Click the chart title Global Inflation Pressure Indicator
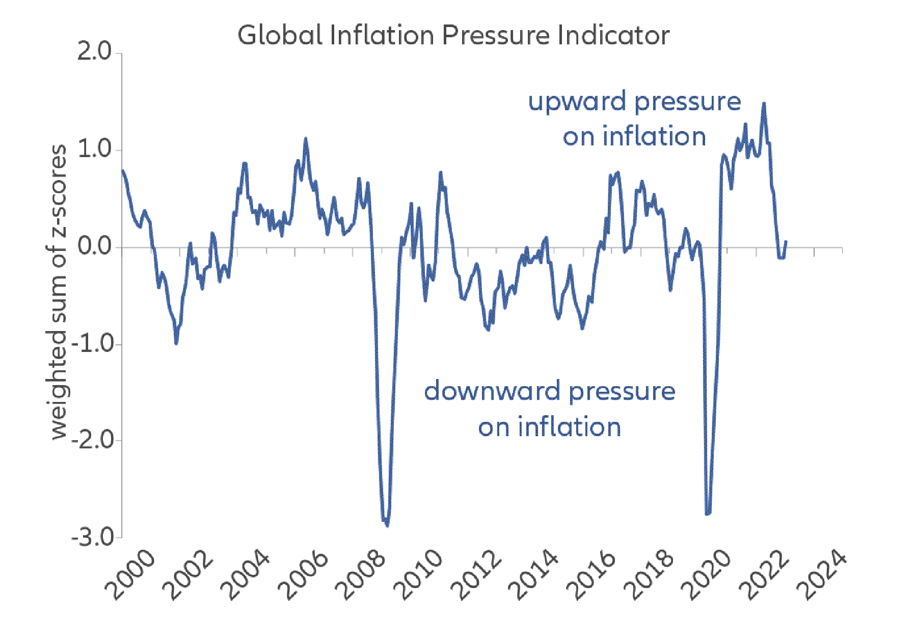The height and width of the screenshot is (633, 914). click(x=453, y=36)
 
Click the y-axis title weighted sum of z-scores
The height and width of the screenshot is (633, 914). click(x=59, y=292)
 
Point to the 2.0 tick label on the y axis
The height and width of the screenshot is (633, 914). click(x=95, y=53)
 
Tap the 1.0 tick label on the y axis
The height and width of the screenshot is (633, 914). click(x=95, y=149)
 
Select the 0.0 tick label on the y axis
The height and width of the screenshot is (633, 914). click(x=95, y=247)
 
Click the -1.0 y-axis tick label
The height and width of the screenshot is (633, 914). click(x=92, y=344)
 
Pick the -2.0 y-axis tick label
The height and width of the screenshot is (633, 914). click(x=92, y=440)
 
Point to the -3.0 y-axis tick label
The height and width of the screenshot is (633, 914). click(x=92, y=537)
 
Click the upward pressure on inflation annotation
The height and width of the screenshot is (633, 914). click(x=634, y=119)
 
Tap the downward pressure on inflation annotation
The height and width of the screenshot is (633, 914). click(x=549, y=409)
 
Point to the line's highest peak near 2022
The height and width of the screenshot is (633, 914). click(x=764, y=104)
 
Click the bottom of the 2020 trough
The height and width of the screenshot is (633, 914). click(x=707, y=514)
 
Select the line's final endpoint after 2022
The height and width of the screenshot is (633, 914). click(x=786, y=242)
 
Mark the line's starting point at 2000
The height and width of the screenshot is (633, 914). click(x=123, y=171)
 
